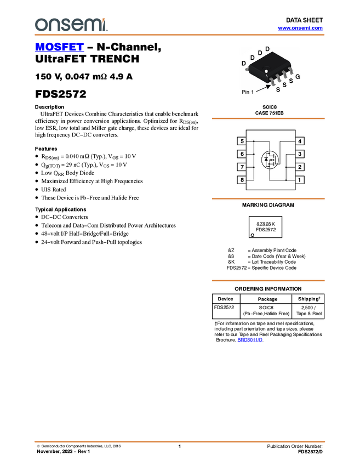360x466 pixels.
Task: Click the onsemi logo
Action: point(71,25)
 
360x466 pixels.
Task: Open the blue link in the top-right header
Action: point(300,28)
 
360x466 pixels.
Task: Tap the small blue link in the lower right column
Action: point(250,340)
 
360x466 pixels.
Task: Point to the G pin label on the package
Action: point(298,77)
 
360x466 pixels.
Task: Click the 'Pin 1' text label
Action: point(248,92)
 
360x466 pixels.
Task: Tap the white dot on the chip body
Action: point(267,71)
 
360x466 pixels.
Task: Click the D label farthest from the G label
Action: point(244,64)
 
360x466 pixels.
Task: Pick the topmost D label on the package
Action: point(267,49)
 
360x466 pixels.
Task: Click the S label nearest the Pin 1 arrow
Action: point(278,89)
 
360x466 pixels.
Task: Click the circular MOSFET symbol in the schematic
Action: point(269,160)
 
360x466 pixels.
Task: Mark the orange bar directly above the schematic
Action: point(268,118)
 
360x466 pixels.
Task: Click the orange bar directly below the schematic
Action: point(268,198)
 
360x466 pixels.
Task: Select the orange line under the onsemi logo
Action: point(179,35)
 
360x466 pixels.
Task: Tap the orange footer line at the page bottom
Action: point(179,441)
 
